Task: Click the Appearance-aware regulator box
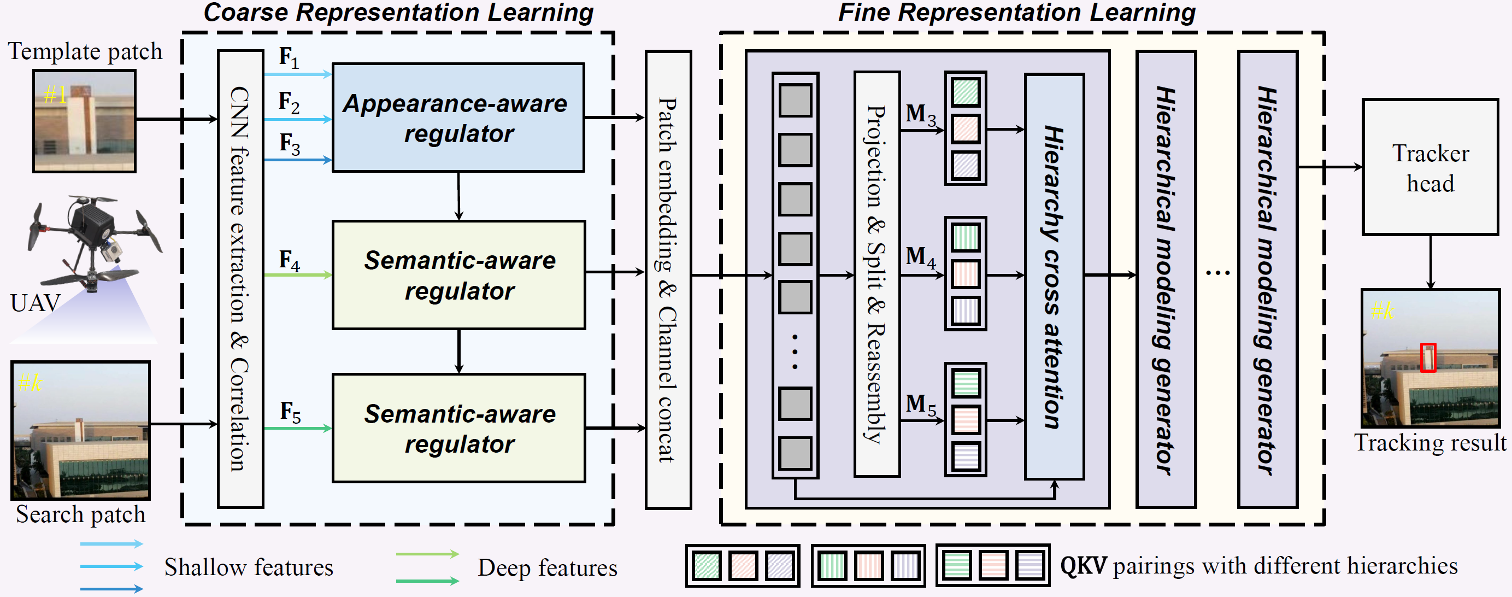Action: click(458, 118)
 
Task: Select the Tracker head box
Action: click(1430, 167)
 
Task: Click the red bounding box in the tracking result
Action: click(1427, 358)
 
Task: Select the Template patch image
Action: click(85, 121)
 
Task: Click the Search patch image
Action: click(81, 430)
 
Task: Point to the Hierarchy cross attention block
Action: click(1054, 277)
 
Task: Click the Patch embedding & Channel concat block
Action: click(668, 279)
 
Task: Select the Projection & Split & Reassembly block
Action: click(876, 274)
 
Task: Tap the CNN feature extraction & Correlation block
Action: click(240, 279)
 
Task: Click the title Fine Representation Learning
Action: click(1016, 13)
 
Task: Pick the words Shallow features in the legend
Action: click(248, 567)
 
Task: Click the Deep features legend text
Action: click(547, 568)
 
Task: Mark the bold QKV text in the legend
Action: click(1083, 566)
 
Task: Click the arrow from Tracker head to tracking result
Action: click(1431, 262)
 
